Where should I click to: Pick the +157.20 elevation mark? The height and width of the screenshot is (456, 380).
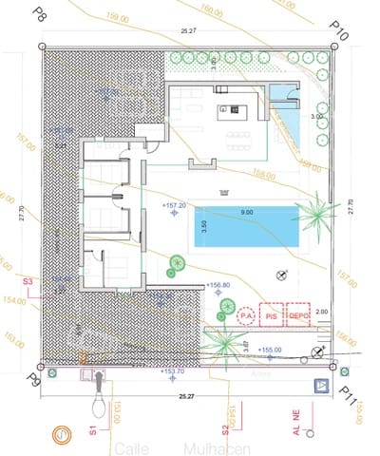174,205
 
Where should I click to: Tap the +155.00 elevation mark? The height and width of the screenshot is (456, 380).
269,350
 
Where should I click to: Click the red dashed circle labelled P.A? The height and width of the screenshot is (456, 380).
247,314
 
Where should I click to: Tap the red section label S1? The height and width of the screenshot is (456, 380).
93,431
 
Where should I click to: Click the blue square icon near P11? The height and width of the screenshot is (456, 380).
321,386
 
